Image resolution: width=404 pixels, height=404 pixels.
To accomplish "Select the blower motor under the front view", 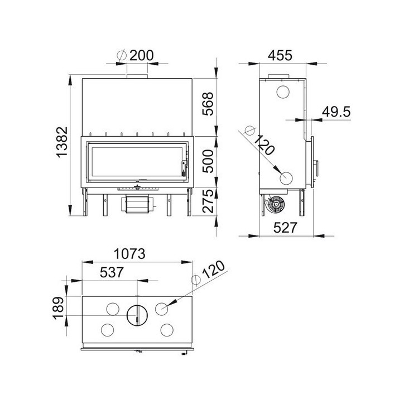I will pyautogui.click(x=135, y=204).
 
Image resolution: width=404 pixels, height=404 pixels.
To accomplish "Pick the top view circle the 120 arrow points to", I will pyautogui.click(x=163, y=308).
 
